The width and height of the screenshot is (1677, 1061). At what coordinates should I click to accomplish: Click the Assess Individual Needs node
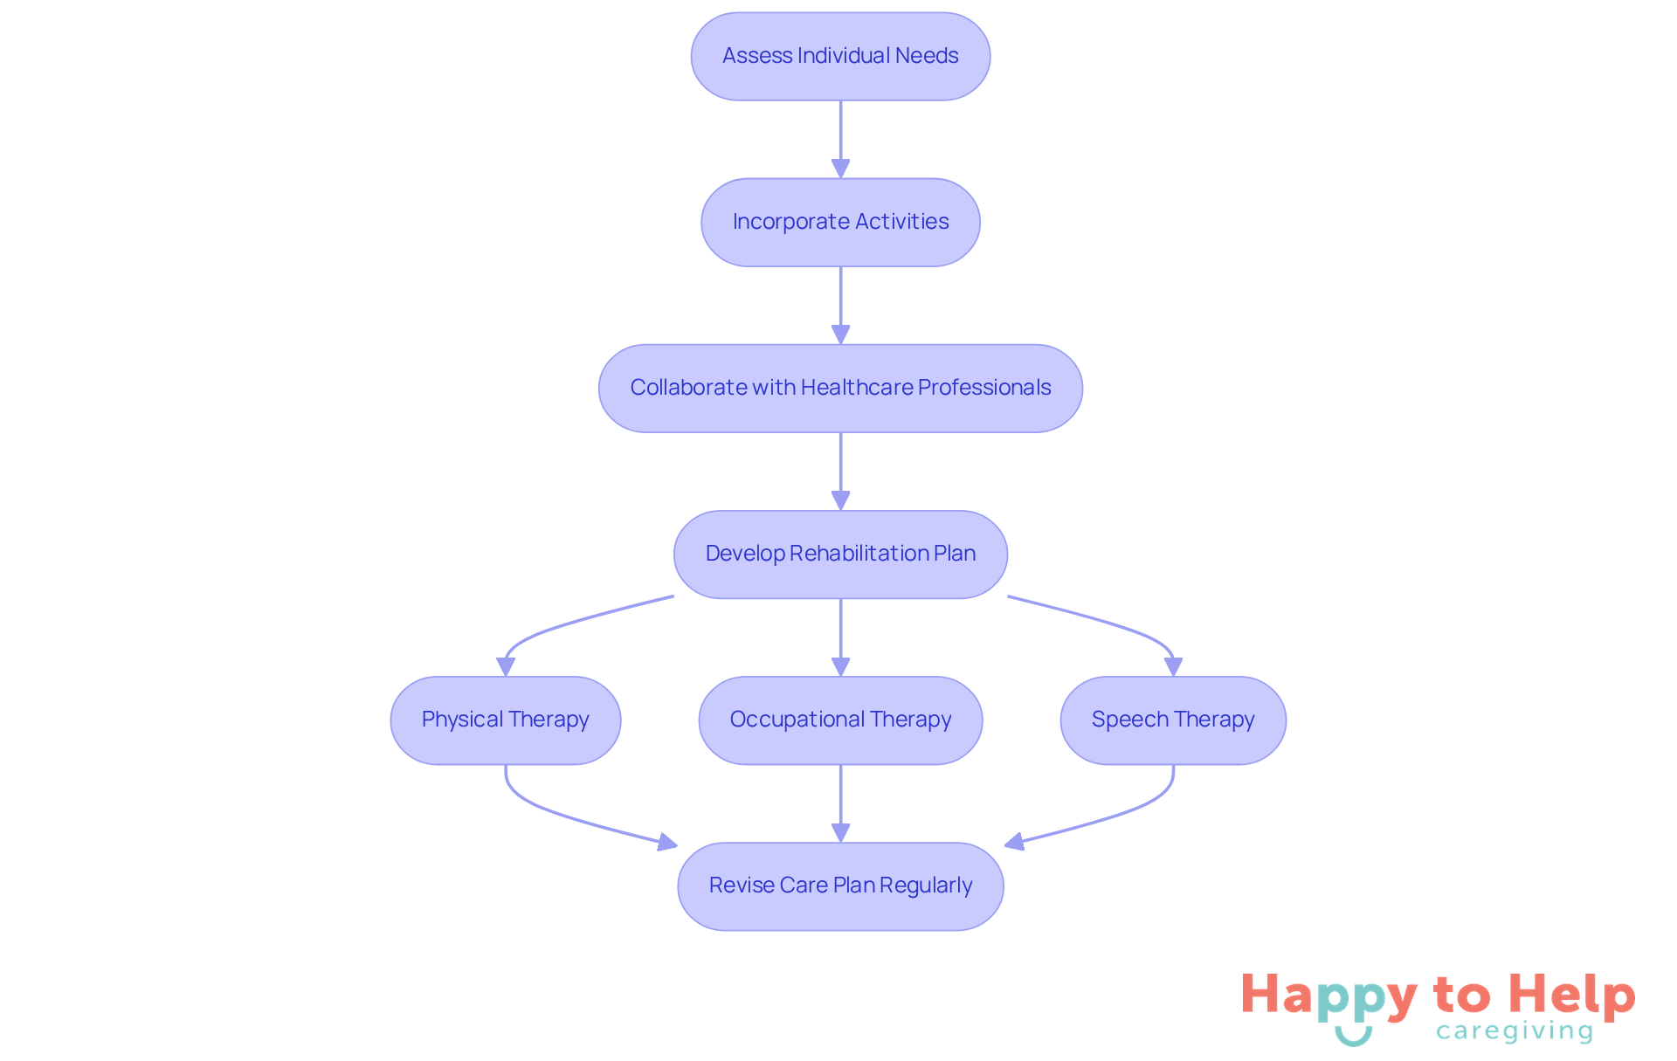(840, 56)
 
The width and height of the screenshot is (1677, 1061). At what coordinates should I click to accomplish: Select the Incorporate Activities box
(840, 222)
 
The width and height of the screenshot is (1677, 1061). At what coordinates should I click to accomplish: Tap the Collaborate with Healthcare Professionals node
(840, 388)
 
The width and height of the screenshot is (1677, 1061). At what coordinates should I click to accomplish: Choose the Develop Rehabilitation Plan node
(840, 554)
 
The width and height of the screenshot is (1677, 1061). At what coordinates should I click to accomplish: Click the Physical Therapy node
(505, 720)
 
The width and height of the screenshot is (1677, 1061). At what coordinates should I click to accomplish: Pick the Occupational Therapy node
(840, 720)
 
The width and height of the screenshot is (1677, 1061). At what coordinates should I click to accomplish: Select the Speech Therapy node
(1172, 720)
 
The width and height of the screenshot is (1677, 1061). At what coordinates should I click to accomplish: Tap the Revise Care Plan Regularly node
(840, 885)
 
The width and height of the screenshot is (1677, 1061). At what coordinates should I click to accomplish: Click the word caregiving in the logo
(1514, 1031)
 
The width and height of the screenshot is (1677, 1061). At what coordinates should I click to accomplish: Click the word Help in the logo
(1571, 996)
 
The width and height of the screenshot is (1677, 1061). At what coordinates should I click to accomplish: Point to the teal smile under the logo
(1353, 1037)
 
